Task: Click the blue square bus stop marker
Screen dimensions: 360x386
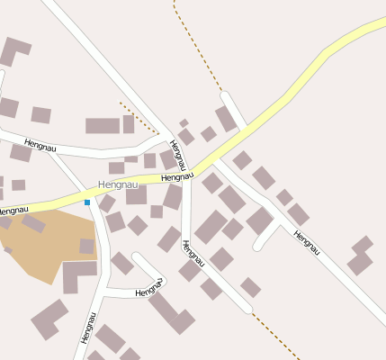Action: click(x=87, y=202)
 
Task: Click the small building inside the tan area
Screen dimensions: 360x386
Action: click(x=86, y=246)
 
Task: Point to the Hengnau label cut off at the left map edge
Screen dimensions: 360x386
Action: click(x=8, y=211)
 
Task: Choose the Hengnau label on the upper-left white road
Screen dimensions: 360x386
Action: click(x=40, y=144)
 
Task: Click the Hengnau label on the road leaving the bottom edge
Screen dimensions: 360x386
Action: click(x=87, y=328)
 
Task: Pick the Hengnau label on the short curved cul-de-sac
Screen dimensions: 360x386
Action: click(x=148, y=292)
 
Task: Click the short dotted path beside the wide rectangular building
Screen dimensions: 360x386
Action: click(x=139, y=116)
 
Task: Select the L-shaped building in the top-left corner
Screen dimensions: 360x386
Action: click(x=14, y=49)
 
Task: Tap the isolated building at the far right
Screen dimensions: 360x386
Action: click(x=361, y=256)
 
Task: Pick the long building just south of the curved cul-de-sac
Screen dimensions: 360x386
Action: click(x=171, y=312)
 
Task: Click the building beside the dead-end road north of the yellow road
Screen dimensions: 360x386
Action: click(x=226, y=119)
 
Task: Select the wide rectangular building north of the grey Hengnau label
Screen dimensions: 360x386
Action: click(x=104, y=126)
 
